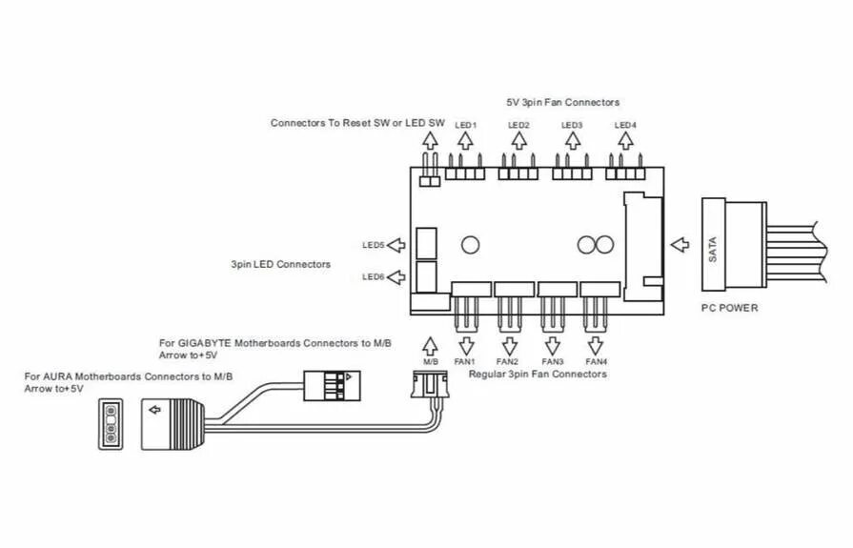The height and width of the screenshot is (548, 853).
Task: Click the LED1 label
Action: pos(465,126)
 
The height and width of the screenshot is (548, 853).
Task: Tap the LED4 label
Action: pos(626,126)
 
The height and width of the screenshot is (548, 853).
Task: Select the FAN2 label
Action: pos(507,362)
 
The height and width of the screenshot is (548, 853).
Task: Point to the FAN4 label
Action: pos(596,362)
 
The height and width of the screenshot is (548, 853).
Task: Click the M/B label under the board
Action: pos(430,362)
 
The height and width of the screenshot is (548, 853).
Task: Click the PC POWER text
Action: pos(729,308)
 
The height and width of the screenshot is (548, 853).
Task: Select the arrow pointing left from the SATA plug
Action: pos(680,246)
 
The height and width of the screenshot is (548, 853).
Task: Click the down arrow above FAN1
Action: pos(465,345)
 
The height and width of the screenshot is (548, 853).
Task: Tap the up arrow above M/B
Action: pos(430,344)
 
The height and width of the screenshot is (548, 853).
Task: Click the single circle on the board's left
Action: pos(469,244)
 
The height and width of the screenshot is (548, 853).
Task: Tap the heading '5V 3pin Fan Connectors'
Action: pos(562,102)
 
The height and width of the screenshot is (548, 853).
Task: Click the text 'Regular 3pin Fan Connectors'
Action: pos(538,375)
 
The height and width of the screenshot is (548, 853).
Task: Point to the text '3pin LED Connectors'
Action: pos(280,264)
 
